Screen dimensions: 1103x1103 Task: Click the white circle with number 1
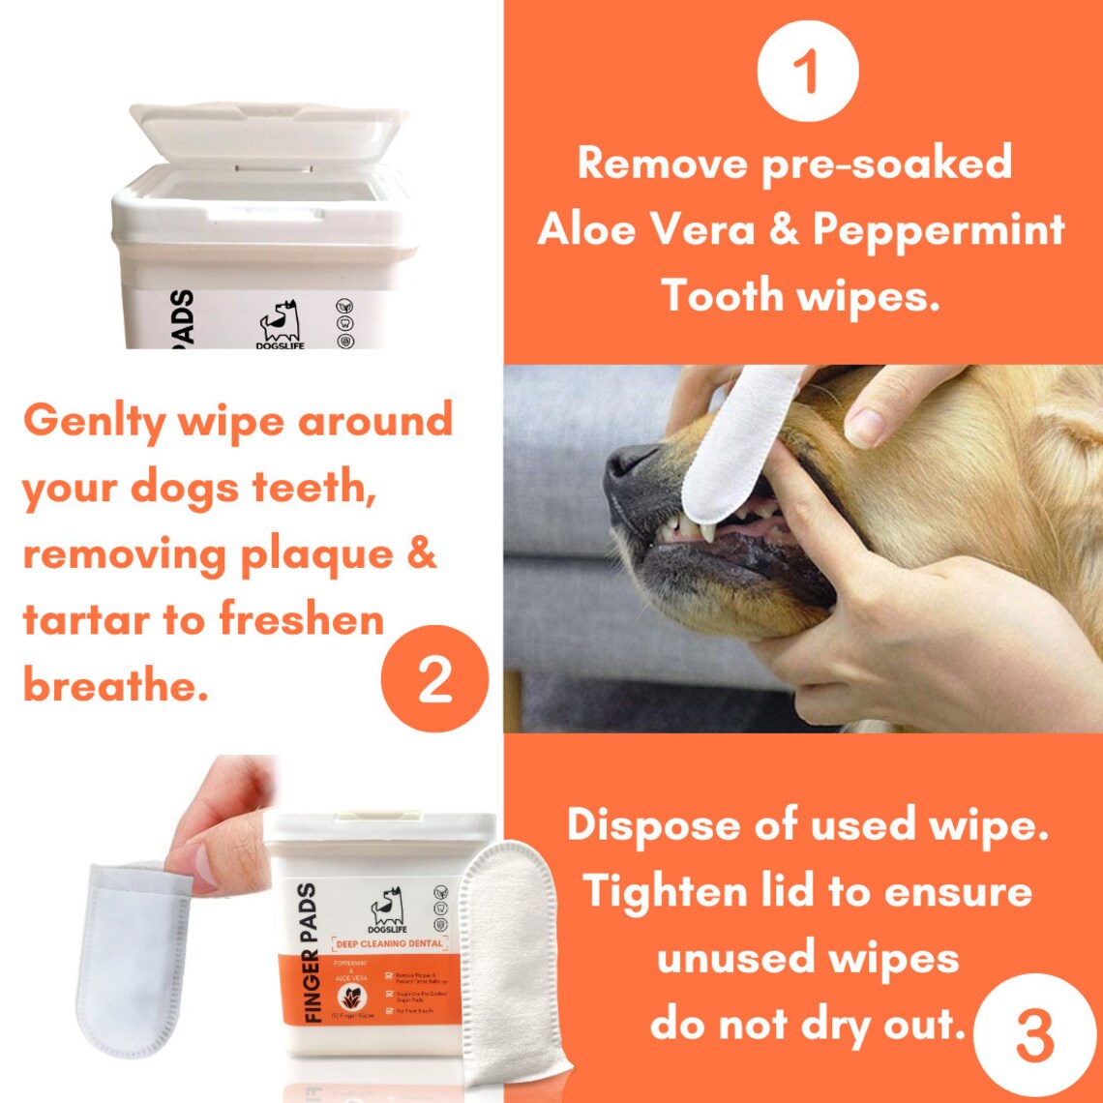pyautogui.click(x=808, y=71)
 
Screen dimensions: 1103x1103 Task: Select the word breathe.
pyautogui.click(x=116, y=686)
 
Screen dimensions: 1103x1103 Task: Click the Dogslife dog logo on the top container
pyautogui.click(x=280, y=320)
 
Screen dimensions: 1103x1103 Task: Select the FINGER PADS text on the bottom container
pyautogui.click(x=306, y=953)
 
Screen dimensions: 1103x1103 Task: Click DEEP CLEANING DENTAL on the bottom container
pyautogui.click(x=388, y=943)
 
